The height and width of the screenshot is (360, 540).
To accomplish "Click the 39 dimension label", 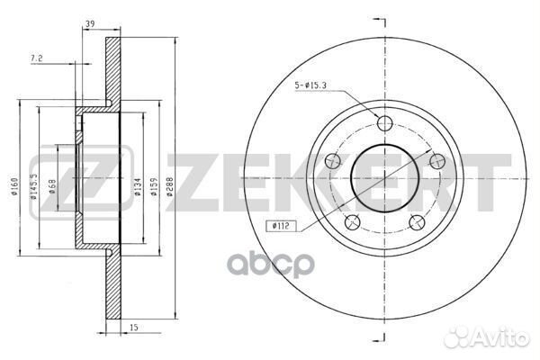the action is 90,23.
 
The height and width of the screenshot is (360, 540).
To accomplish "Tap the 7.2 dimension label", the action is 37,58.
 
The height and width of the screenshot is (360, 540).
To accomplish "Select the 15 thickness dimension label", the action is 134,328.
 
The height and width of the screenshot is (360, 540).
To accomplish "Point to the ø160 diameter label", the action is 14,186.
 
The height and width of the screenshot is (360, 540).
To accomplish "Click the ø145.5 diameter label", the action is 33,186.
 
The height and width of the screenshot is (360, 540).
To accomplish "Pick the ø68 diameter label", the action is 52,186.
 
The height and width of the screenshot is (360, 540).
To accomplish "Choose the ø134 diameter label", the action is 138,186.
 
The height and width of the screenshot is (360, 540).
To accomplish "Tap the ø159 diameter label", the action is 154,186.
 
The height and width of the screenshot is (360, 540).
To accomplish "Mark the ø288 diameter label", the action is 169,186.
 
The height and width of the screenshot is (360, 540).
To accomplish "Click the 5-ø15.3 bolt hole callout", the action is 310,85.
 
